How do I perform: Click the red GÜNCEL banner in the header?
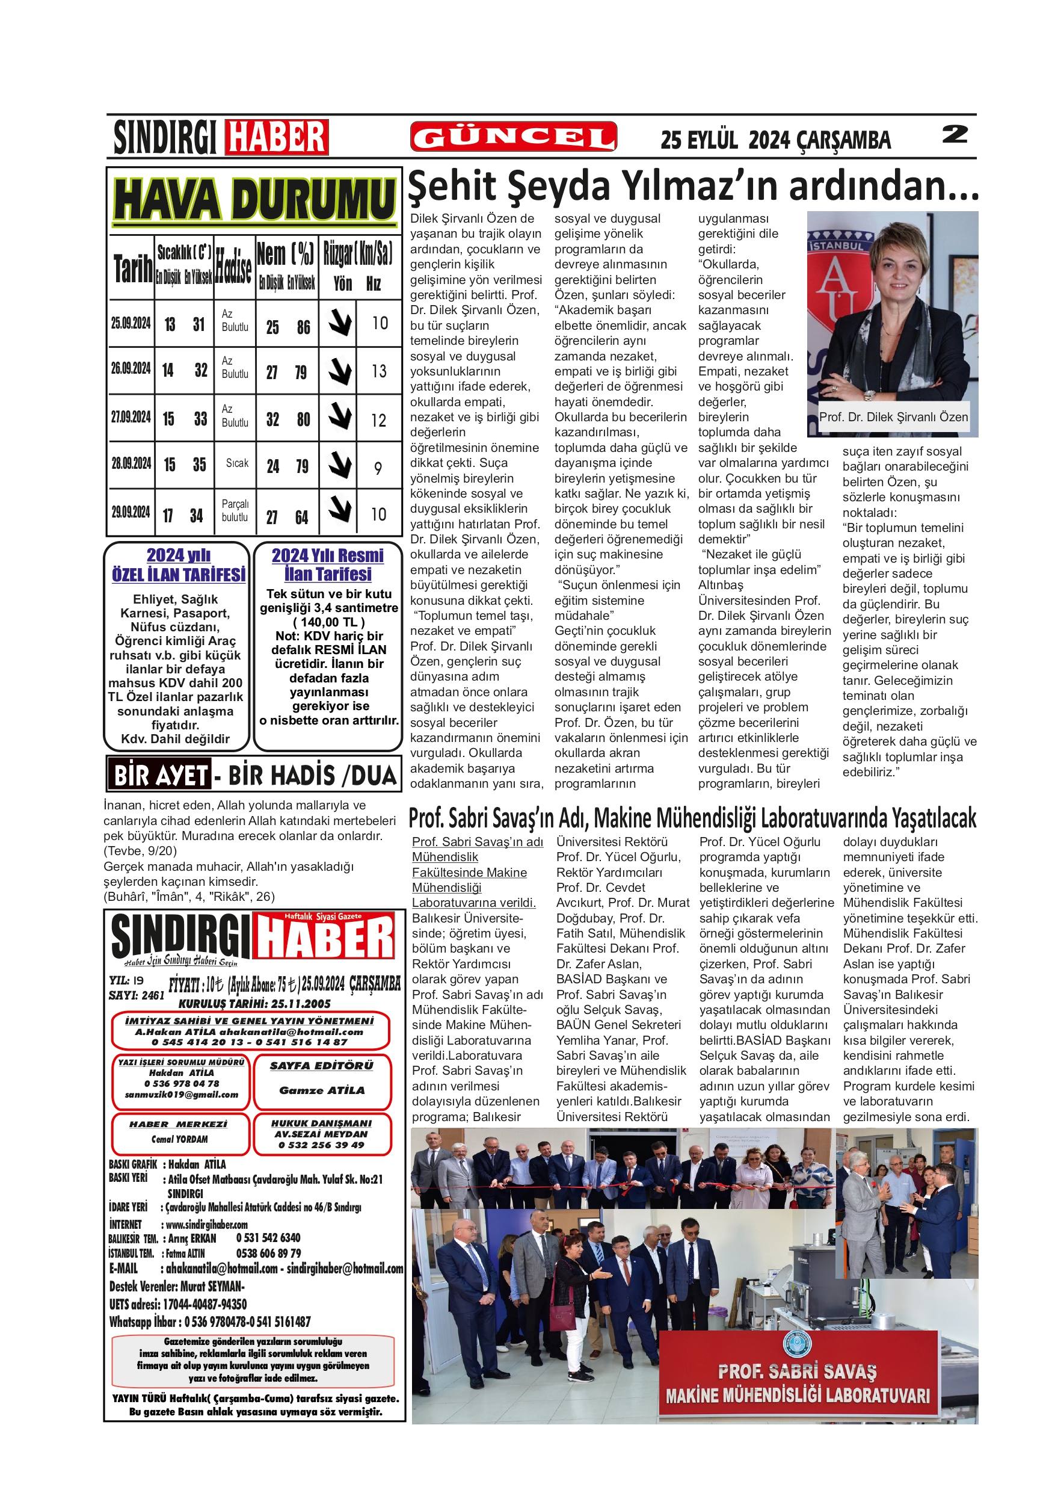click(513, 137)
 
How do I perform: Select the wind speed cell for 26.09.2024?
click(379, 371)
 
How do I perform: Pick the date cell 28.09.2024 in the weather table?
click(131, 463)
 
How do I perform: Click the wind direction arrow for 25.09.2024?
click(339, 323)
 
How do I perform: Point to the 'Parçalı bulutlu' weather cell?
click(235, 510)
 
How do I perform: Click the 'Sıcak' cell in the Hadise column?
click(236, 463)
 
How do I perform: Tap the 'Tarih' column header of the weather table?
click(132, 268)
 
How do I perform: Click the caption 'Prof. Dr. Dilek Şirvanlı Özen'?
click(893, 418)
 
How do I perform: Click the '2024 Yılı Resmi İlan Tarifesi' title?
click(328, 564)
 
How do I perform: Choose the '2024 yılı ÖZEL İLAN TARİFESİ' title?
click(178, 564)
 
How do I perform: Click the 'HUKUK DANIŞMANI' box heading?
click(321, 1124)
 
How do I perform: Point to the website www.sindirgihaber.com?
click(207, 1225)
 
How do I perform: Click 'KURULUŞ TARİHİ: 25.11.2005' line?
click(255, 1003)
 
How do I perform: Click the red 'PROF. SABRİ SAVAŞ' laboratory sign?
click(798, 1372)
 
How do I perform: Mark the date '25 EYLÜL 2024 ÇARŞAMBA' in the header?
click(775, 140)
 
